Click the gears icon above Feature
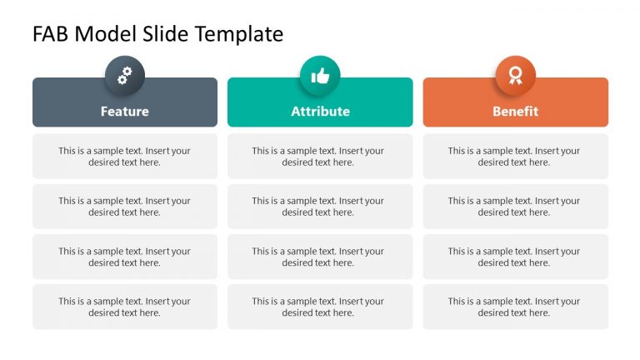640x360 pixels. coord(125,76)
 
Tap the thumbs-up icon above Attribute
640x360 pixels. coord(320,76)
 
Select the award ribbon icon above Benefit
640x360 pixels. coord(515,76)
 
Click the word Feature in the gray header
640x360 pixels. coord(125,111)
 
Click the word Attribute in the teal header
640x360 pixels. coord(320,111)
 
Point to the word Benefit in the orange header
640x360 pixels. coord(515,111)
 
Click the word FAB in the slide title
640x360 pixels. coord(51,34)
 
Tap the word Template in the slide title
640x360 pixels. coord(239,34)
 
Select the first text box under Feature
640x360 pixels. coord(125,157)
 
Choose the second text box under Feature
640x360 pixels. coord(125,207)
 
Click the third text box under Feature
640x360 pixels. coord(125,257)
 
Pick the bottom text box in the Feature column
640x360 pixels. coord(125,307)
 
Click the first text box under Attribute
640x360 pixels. coord(320,157)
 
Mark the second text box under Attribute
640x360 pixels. coord(320,207)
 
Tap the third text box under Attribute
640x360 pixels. coord(320,257)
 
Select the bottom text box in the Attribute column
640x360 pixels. coord(320,307)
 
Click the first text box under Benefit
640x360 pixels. coord(515,157)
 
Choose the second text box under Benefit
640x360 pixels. coord(515,207)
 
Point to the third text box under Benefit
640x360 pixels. coord(515,257)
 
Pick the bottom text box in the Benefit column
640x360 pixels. coord(515,307)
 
